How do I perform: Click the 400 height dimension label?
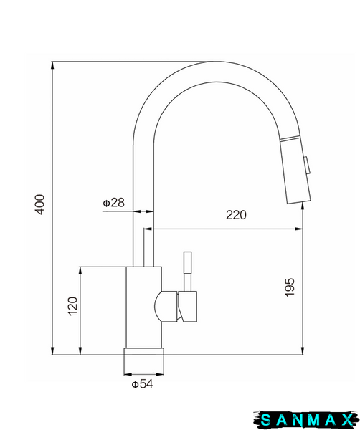click(x=40, y=204)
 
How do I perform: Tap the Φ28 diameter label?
click(x=113, y=203)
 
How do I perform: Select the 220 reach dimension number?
click(x=236, y=215)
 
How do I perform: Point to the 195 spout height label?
click(x=290, y=287)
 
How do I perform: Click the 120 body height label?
click(x=72, y=306)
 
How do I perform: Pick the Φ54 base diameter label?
click(x=142, y=384)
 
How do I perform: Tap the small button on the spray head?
click(x=307, y=166)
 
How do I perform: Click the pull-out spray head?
click(x=295, y=170)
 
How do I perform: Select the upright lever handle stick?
click(x=188, y=271)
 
